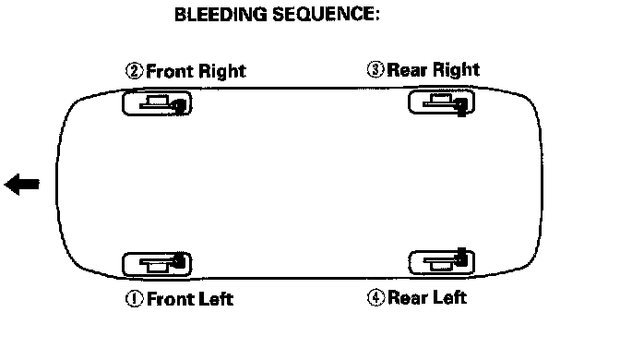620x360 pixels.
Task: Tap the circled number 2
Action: pos(135,71)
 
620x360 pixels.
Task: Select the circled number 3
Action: pos(376,69)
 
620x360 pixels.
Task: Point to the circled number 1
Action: pos(135,299)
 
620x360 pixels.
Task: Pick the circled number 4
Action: pos(376,297)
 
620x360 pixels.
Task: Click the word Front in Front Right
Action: pos(169,71)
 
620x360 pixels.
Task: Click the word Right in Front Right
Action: pos(221,72)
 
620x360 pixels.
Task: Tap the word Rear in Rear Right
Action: pos(407,70)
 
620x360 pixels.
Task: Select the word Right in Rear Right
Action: pos(456,70)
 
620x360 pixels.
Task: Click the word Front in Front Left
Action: pos(171,299)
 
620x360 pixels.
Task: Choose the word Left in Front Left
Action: pos(216,299)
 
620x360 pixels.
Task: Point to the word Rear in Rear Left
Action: pos(409,297)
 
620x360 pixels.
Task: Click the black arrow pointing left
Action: pos(22,184)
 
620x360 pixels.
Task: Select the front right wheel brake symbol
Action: pos(157,103)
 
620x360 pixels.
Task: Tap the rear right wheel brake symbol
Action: pos(441,102)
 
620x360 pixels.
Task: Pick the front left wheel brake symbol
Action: pos(157,264)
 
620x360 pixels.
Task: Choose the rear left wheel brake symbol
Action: pos(441,261)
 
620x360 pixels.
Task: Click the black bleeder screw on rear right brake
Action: pos(461,107)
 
